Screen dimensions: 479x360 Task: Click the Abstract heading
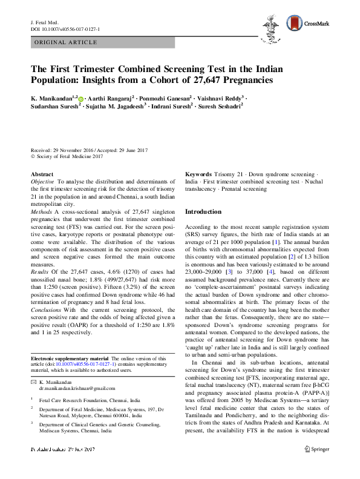[x=42, y=174]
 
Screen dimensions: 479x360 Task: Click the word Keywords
[x=198, y=174]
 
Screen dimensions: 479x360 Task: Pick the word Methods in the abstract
[x=41, y=212]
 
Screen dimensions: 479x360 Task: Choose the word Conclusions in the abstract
[x=46, y=312]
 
